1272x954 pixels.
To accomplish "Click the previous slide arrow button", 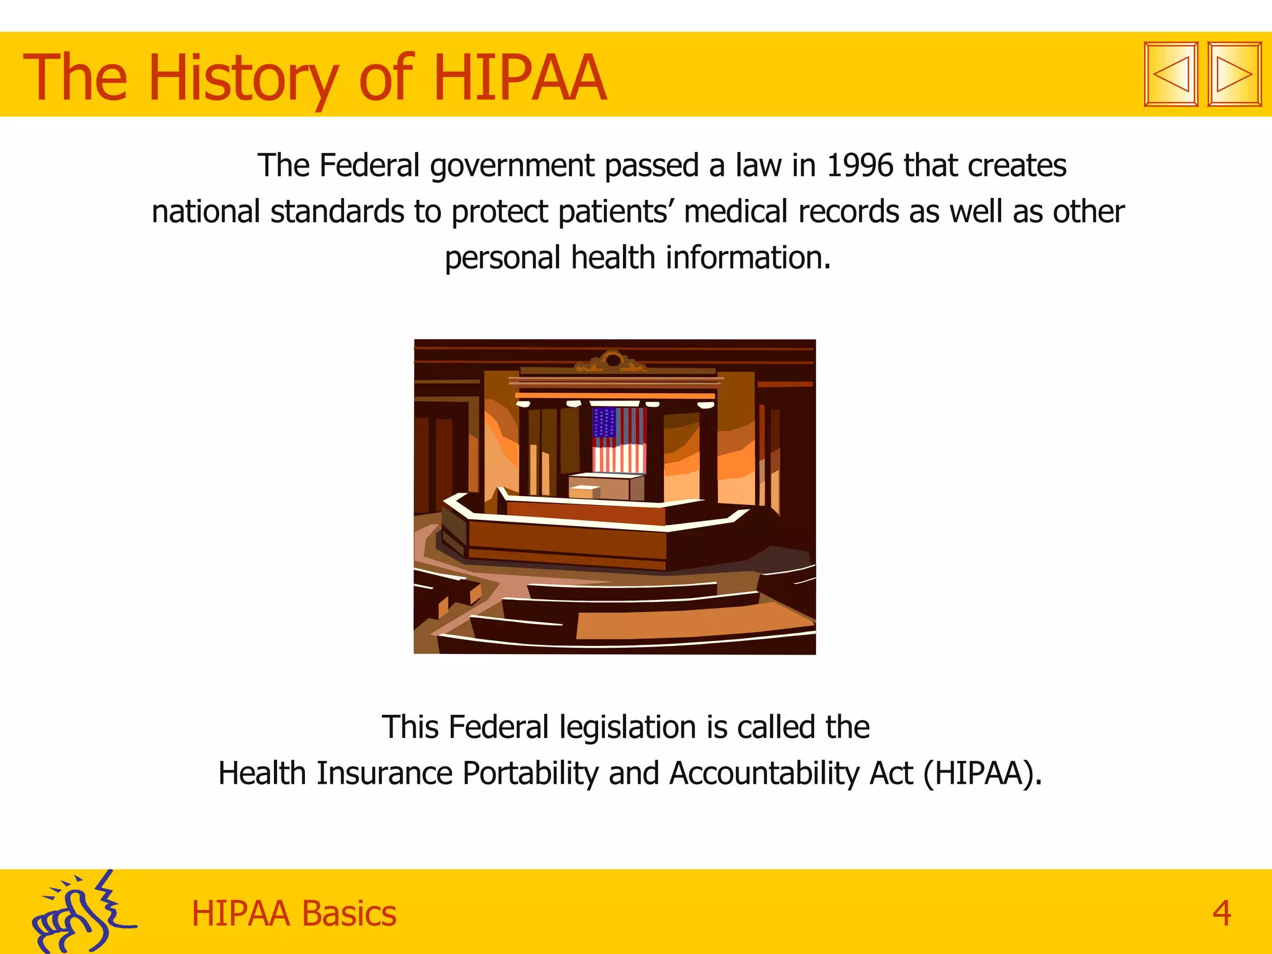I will click(x=1171, y=75).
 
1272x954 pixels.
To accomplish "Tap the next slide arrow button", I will click(x=1234, y=75).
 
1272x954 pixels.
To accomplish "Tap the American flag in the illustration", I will click(x=619, y=440).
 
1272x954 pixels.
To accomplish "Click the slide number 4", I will click(x=1221, y=914).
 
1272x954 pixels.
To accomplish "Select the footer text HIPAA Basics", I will click(x=294, y=914).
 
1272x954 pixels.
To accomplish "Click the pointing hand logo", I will click(x=81, y=913).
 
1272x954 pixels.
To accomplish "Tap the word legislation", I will click(x=627, y=727).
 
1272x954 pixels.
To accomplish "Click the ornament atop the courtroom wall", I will click(x=612, y=360).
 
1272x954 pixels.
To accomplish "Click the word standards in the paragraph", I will click(x=337, y=212).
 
